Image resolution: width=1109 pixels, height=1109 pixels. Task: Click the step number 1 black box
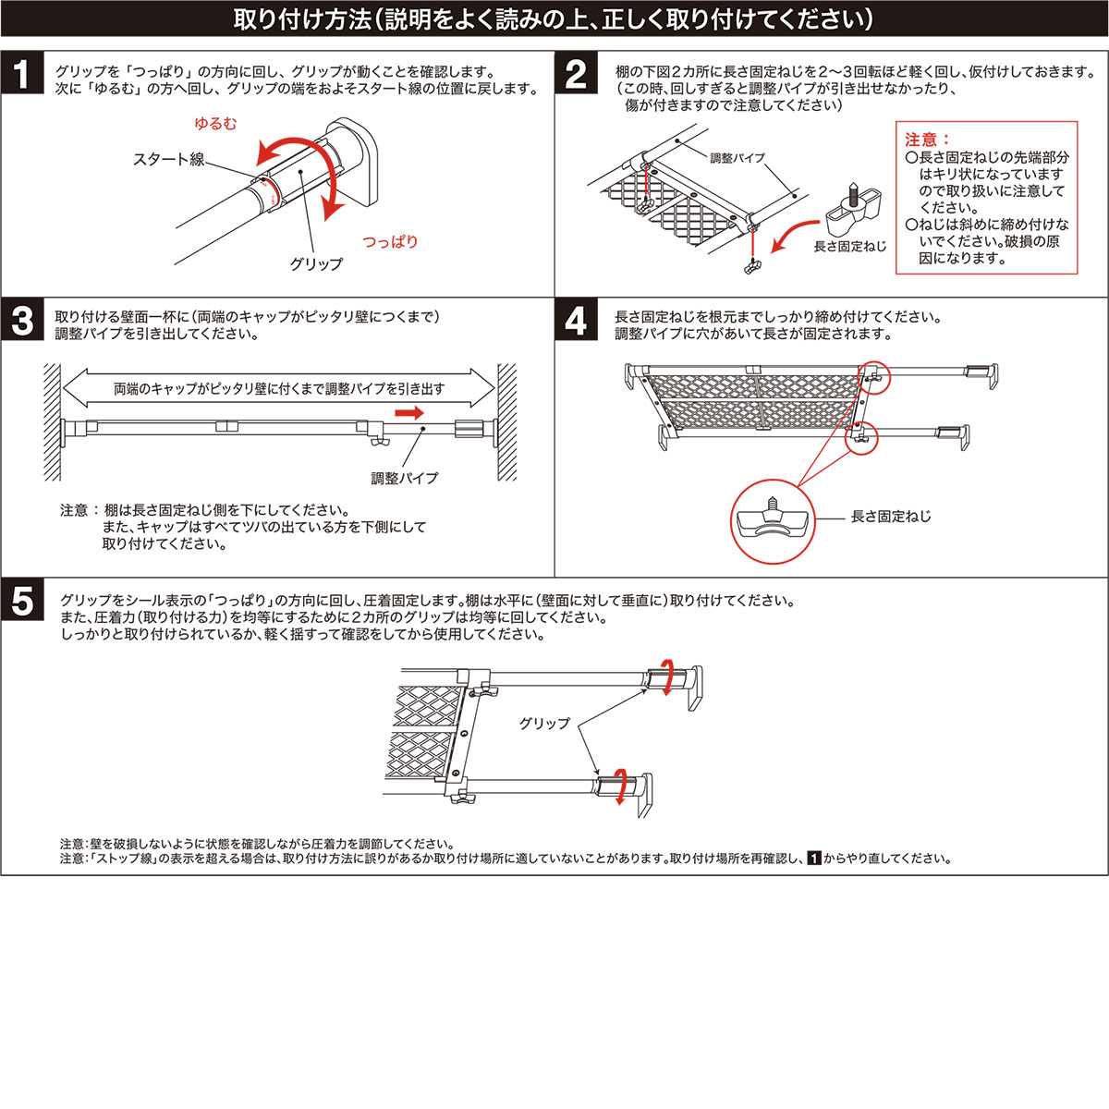(x=22, y=76)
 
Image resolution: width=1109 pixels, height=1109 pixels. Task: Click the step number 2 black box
(x=576, y=76)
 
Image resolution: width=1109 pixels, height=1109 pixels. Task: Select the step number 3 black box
(x=22, y=322)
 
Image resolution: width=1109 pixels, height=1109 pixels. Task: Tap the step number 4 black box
(x=576, y=322)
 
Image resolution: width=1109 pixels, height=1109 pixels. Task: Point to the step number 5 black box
(x=22, y=602)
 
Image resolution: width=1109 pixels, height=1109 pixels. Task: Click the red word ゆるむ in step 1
(x=214, y=124)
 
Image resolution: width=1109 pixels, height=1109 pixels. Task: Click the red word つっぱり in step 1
(x=389, y=242)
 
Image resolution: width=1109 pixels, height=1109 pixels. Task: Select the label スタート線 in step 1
(x=169, y=160)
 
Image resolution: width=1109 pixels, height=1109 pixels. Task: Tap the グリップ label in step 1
(x=316, y=264)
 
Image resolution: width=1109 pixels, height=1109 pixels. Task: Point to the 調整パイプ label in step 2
(x=737, y=158)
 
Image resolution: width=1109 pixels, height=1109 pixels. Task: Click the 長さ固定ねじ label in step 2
(x=849, y=247)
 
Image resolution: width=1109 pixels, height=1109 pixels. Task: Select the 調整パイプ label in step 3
(x=405, y=478)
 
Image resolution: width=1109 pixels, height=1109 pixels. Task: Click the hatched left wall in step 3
(x=52, y=421)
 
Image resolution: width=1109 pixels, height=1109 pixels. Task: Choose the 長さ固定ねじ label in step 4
(x=891, y=517)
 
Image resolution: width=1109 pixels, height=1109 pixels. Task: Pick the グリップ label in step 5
(x=544, y=724)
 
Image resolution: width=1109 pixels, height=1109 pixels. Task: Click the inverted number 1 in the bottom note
(x=814, y=859)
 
